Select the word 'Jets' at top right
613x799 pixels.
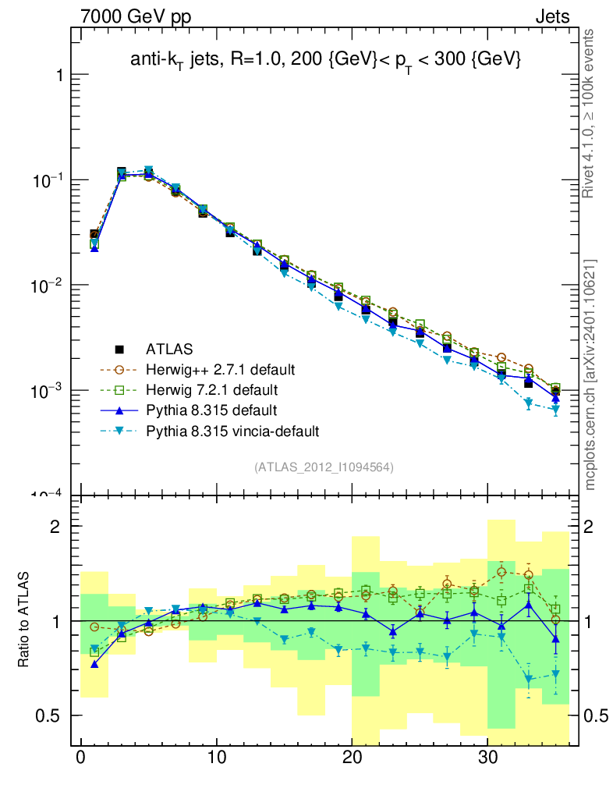click(552, 16)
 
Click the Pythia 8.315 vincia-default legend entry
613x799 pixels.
click(232, 430)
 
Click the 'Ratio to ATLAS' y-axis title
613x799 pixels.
click(25, 621)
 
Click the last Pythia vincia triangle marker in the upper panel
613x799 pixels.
click(555, 410)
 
